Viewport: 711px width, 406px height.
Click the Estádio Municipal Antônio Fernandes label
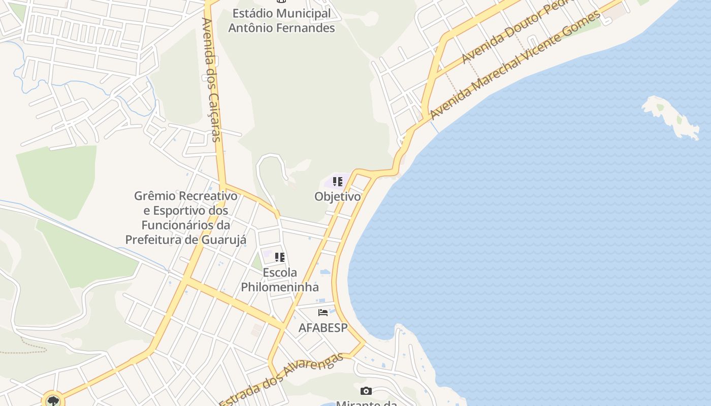(x=281, y=21)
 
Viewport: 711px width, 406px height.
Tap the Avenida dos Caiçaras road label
(x=211, y=80)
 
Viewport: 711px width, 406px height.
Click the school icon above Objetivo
(x=338, y=182)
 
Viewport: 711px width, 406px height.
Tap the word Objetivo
(x=338, y=196)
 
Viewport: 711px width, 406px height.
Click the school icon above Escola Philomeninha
(x=280, y=257)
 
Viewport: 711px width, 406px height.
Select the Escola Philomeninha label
(x=280, y=280)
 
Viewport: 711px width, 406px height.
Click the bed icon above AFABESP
(x=323, y=313)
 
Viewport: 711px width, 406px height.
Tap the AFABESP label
(x=323, y=328)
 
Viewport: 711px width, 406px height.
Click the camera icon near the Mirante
(x=366, y=391)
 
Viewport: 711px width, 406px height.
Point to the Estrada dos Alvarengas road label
(x=282, y=379)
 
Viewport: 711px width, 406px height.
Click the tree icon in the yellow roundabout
(x=52, y=401)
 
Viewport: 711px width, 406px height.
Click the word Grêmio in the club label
(x=154, y=196)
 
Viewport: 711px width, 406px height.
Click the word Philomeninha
(x=280, y=287)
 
